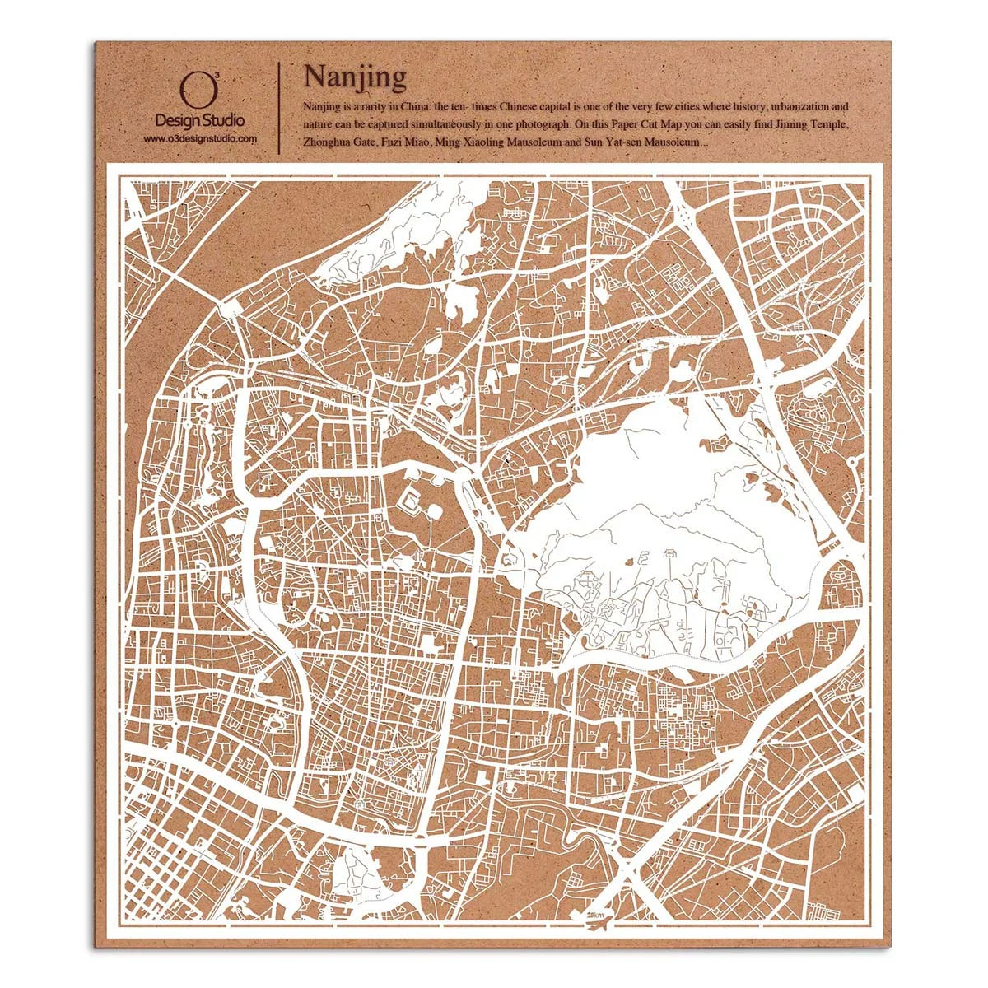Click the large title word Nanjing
(x=354, y=77)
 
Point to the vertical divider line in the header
(x=279, y=107)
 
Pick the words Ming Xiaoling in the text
(x=469, y=142)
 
